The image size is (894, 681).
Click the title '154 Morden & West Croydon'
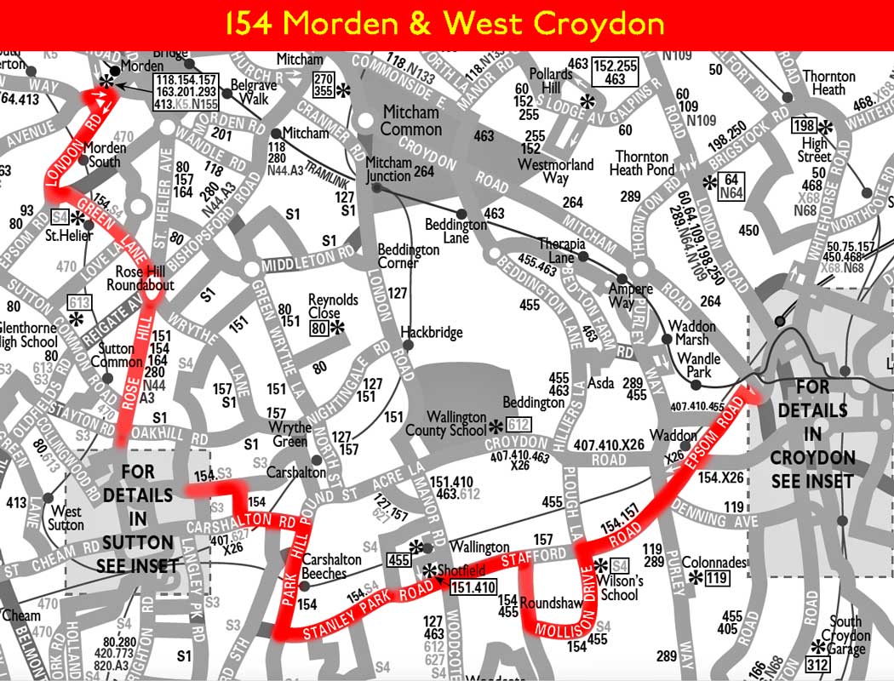446,22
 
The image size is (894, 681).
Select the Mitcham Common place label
411,121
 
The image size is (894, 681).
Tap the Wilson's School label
619,587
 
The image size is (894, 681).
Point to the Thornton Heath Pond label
642,163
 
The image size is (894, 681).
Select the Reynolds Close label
334,307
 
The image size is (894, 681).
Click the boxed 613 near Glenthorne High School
79,303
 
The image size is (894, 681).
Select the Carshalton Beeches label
331,566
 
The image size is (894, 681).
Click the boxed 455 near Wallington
398,559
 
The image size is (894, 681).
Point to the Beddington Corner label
410,256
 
